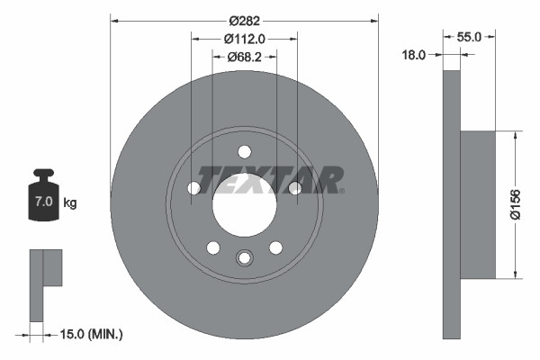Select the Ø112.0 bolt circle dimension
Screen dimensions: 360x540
(x=244, y=39)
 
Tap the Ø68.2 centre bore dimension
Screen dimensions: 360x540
(x=244, y=56)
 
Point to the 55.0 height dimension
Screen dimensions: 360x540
(x=470, y=37)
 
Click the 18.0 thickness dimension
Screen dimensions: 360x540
(x=413, y=56)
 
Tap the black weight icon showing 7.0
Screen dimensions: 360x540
(x=42, y=194)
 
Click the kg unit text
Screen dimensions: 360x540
(x=69, y=203)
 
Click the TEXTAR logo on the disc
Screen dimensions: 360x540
(x=270, y=179)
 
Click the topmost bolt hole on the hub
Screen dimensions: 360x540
(x=244, y=151)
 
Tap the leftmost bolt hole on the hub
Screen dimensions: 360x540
(x=193, y=188)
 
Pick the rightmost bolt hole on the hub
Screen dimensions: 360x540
(x=294, y=187)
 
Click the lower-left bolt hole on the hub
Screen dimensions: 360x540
(x=213, y=247)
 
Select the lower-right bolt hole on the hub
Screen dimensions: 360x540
(x=275, y=247)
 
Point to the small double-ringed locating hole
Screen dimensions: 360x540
(x=244, y=259)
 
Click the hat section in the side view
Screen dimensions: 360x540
(x=478, y=204)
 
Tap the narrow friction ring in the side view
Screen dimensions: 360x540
(x=452, y=205)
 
